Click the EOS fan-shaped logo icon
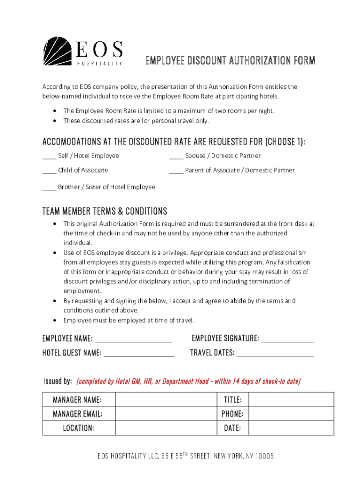tap(58, 51)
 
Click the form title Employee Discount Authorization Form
tap(230, 61)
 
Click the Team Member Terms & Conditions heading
tap(105, 211)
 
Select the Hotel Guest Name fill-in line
tap(139, 354)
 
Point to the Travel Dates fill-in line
tap(275, 354)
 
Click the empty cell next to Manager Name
tap(166, 399)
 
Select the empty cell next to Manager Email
tap(166, 414)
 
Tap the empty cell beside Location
tap(166, 428)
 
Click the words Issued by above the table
tap(58, 381)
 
